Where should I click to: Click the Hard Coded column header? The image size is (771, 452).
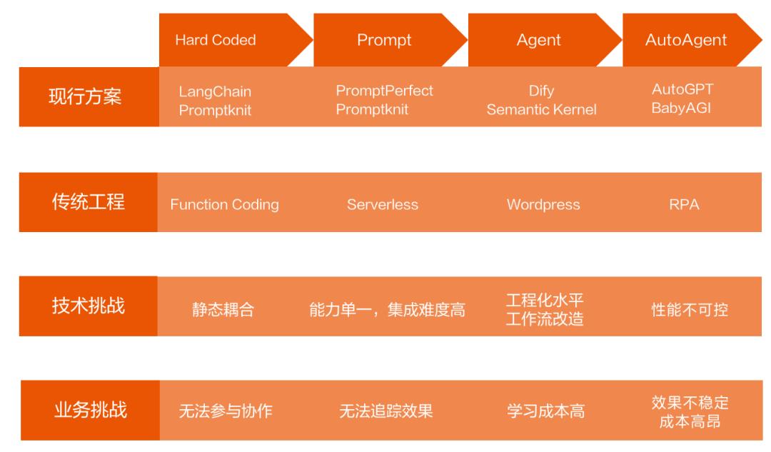(215, 40)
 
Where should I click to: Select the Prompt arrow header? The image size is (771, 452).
(384, 40)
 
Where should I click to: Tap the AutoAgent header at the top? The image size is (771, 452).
(685, 40)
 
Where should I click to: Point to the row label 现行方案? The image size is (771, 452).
(85, 97)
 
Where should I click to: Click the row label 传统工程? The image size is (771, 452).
(88, 202)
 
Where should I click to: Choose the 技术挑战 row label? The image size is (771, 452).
(88, 306)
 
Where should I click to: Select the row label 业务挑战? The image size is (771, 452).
(90, 410)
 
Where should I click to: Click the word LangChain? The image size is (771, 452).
(215, 91)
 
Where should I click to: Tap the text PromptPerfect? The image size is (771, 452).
(384, 91)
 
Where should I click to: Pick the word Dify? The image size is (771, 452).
(541, 91)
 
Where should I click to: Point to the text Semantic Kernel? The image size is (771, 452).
(541, 110)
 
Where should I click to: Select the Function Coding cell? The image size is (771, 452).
(224, 205)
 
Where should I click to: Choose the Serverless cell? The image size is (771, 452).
(383, 205)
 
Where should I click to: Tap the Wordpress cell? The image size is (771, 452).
(543, 205)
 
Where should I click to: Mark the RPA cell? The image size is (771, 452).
(684, 205)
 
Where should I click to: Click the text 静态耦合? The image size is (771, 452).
(223, 310)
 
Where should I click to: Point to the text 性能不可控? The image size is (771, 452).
(690, 310)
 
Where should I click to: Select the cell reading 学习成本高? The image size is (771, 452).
(546, 411)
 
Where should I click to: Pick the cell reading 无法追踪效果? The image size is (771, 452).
(385, 411)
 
